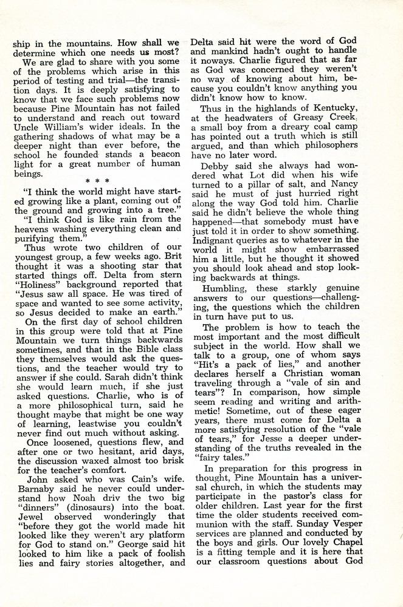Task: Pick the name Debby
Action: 215,166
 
